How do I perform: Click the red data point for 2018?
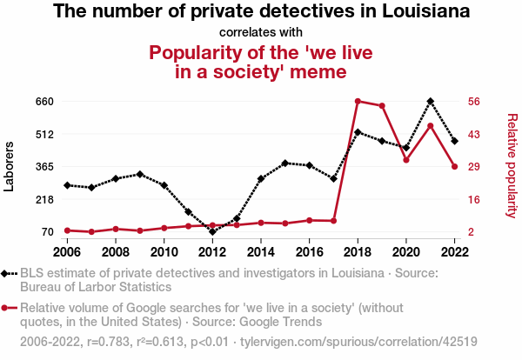(358, 101)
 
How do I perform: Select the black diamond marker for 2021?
(431, 101)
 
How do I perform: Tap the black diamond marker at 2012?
(212, 231)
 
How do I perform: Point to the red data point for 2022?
(454, 166)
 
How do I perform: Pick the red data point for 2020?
(406, 160)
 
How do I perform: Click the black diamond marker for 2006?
(67, 185)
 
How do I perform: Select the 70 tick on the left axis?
(48, 231)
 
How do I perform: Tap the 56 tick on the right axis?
(474, 101)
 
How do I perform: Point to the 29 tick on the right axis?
(474, 166)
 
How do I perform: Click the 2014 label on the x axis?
(260, 251)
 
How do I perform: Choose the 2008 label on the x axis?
(116, 251)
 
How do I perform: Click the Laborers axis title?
(10, 166)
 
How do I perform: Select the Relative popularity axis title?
(512, 166)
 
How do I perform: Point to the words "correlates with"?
(261, 32)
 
